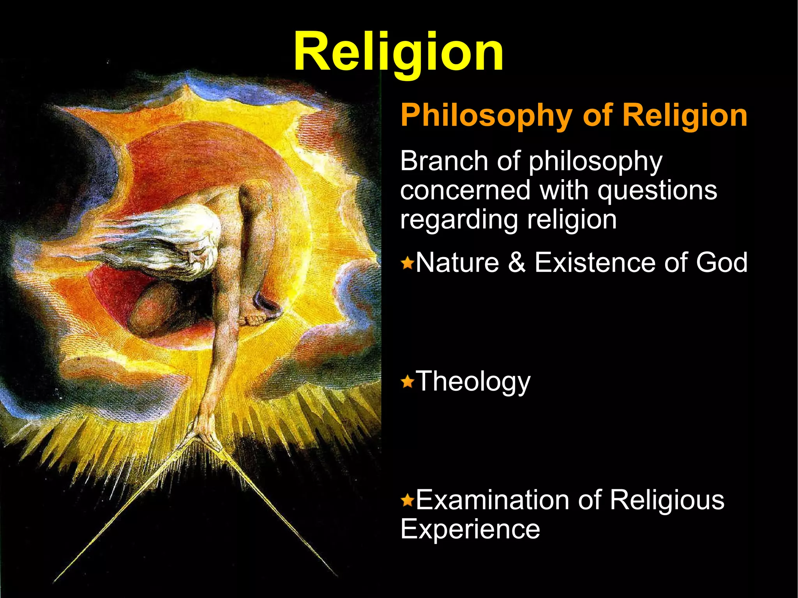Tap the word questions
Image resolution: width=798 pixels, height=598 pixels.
(657, 191)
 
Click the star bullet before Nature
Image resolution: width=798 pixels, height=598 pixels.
(408, 263)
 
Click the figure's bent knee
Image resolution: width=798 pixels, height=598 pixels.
(146, 312)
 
